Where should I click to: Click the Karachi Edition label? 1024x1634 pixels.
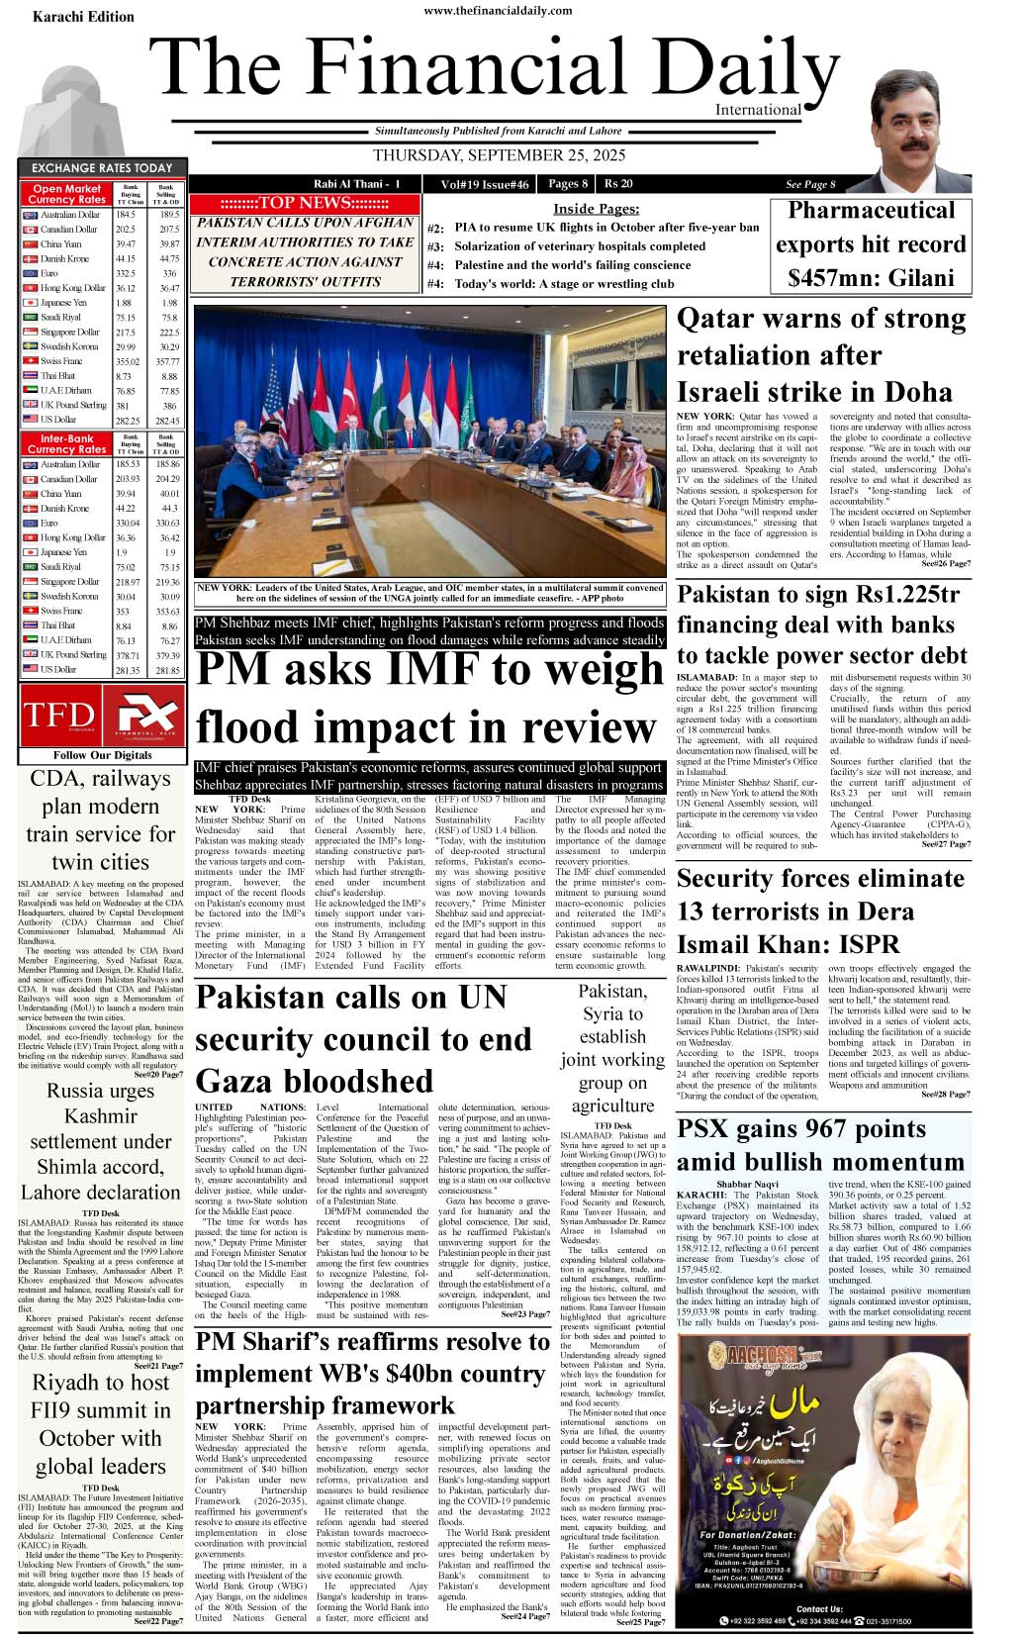pos(83,16)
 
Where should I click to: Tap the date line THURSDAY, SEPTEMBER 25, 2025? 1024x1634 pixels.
pos(499,155)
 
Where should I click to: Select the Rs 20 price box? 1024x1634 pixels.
pos(618,184)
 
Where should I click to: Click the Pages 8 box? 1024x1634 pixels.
pos(568,184)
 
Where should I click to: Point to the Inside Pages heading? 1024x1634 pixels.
pos(596,209)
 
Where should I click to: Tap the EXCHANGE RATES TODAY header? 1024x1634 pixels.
pos(102,168)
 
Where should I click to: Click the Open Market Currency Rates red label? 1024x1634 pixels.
pos(66,194)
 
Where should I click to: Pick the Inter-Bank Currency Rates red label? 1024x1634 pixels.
pos(66,443)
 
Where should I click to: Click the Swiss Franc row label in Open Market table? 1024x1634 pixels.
pos(60,361)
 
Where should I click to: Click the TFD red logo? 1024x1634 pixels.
pos(58,716)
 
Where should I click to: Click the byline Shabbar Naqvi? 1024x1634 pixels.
pos(747,1185)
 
